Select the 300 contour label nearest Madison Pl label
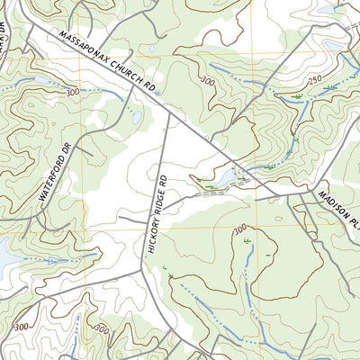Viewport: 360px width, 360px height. point(240,230)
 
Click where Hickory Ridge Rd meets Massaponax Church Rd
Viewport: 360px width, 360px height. point(169,112)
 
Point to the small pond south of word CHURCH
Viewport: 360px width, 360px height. point(136,118)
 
